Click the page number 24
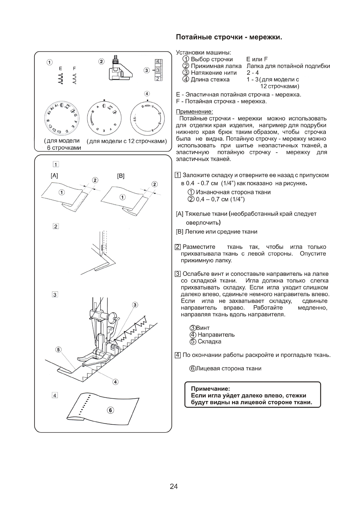(x=174, y=486)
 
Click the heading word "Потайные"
(x=194, y=37)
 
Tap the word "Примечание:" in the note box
(x=210, y=388)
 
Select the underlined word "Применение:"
(x=194, y=112)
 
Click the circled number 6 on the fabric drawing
(x=111, y=410)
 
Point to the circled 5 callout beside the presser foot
(x=58, y=350)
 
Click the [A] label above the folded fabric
(x=54, y=176)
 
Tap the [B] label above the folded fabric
(x=121, y=176)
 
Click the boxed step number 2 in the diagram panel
(x=56, y=226)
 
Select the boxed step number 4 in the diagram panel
(x=55, y=396)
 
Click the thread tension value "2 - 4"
(x=253, y=73)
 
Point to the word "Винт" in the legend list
(x=203, y=328)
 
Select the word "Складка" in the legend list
(x=209, y=341)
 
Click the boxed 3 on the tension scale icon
(x=158, y=72)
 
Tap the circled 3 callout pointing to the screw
(x=135, y=305)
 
